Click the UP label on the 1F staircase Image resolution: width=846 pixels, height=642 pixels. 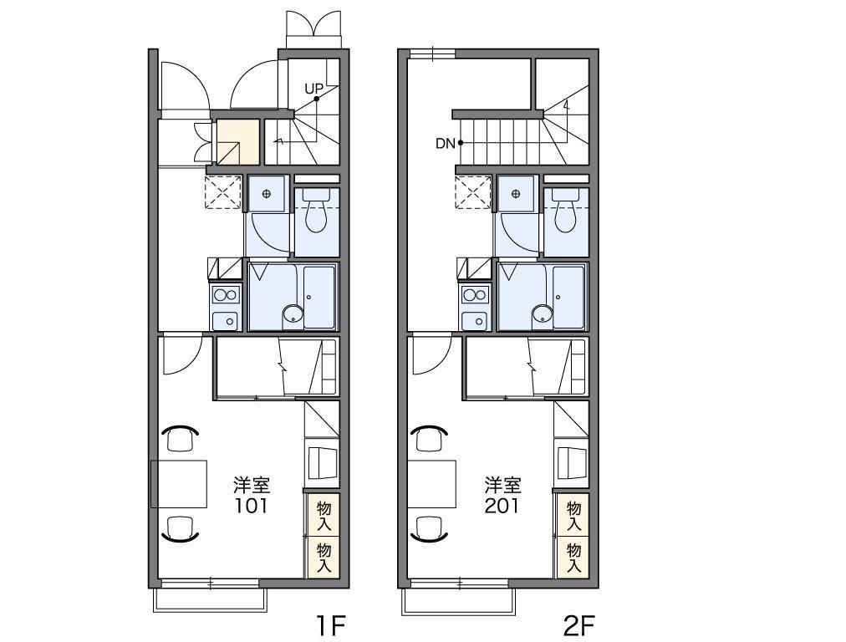tap(313, 89)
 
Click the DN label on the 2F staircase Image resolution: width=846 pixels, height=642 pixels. tap(446, 144)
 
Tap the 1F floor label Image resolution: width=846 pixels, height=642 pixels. tap(329, 626)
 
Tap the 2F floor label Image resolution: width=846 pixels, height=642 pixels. tap(579, 626)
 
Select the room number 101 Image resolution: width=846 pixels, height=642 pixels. tap(251, 506)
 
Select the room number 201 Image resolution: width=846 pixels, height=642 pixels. tap(502, 506)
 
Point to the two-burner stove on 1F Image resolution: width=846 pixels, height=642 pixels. tap(226, 295)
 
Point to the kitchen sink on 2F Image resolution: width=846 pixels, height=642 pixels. tap(476, 321)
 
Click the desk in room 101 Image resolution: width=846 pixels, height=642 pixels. tap(179, 484)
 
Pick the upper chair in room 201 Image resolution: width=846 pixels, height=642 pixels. tap(430, 437)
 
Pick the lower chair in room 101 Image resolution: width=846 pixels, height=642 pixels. tap(181, 528)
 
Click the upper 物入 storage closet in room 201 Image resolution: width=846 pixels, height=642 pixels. tap(573, 515)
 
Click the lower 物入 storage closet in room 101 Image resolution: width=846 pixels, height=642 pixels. tap(324, 558)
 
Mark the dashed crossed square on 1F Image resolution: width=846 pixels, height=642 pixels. tap(223, 191)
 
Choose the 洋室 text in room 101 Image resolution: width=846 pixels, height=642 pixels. tap(252, 486)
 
